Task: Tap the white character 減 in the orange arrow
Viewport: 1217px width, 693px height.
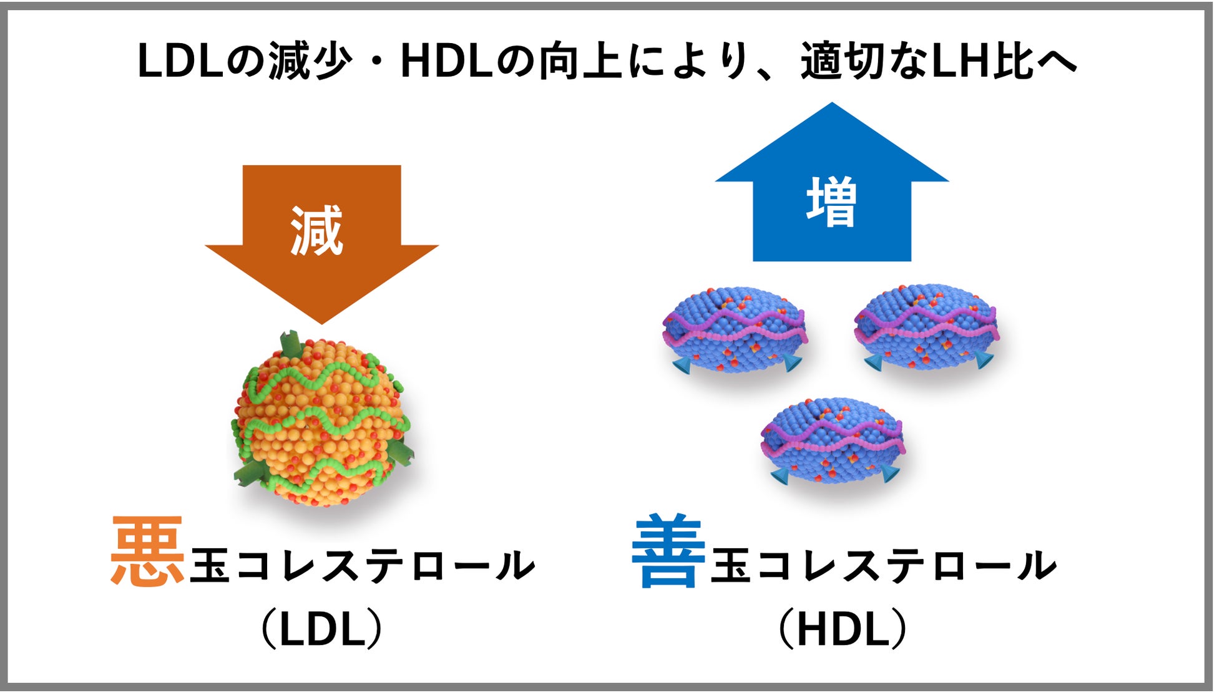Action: coord(317,231)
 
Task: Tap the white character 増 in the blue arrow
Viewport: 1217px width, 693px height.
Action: coord(831,201)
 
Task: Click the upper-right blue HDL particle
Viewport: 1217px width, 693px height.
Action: coord(926,327)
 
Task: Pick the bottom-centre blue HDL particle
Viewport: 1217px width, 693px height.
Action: coord(833,440)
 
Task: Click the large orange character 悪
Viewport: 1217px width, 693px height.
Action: coord(148,551)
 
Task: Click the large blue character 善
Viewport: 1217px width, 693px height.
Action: coord(668,551)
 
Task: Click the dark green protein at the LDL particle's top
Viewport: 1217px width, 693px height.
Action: coord(290,344)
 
